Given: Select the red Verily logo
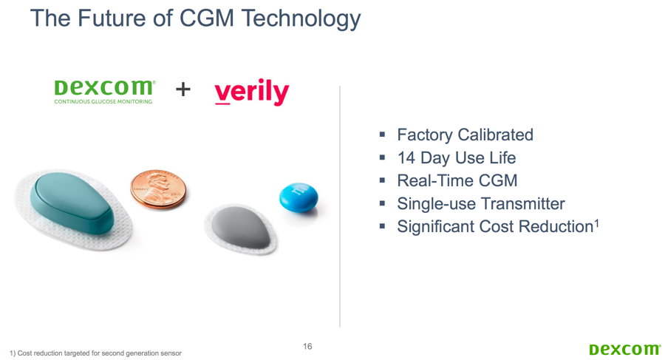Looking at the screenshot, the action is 252,91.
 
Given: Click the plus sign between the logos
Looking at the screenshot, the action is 183,89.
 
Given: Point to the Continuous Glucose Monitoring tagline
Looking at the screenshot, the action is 103,102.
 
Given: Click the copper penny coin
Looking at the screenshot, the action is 158,189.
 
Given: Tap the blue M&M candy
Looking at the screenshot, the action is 299,197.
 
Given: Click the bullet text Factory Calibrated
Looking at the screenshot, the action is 465,135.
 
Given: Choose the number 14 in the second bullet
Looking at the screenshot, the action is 406,158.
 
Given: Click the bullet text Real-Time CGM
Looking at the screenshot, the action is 457,181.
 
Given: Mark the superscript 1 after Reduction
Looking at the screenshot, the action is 596,223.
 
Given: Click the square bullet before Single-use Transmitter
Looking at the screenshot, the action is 382,203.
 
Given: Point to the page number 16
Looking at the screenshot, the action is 307,347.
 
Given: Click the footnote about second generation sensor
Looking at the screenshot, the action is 95,353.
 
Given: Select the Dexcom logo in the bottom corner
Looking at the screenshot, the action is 624,350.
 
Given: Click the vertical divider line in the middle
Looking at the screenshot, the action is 340,206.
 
